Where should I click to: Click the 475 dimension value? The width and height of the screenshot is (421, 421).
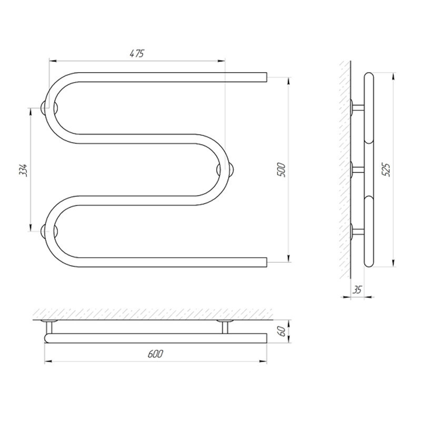coord(137,54)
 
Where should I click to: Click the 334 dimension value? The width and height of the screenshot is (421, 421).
coord(23,169)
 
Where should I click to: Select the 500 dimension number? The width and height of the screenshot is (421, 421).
coord(282,169)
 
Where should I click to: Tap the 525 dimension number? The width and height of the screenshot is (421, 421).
coord(387,169)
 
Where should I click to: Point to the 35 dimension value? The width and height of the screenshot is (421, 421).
coord(357,290)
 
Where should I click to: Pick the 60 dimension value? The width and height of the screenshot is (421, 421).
coord(282,332)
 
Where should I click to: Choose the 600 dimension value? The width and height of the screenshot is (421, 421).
coord(155,354)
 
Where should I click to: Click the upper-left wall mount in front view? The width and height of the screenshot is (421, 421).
coord(49,108)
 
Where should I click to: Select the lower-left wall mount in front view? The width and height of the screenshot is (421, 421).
coord(49,231)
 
